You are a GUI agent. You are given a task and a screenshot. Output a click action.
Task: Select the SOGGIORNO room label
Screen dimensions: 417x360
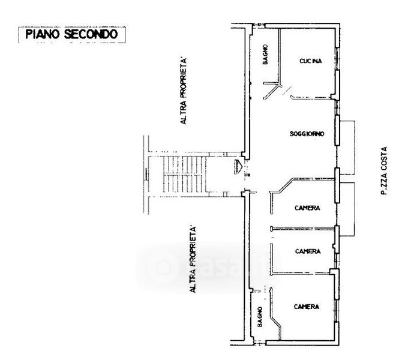pos(307,134)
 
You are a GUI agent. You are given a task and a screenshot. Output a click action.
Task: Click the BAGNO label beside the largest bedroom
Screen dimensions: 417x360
pos(260,316)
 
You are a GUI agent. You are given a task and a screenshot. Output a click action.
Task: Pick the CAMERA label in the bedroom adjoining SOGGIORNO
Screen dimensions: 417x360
pos(307,208)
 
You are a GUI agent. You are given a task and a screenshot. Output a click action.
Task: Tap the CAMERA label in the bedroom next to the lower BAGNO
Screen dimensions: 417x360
pos(306,307)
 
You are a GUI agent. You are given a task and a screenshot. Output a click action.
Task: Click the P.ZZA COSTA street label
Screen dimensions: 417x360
pos(383,171)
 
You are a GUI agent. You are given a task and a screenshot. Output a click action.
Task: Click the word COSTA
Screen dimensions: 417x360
pos(383,158)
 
